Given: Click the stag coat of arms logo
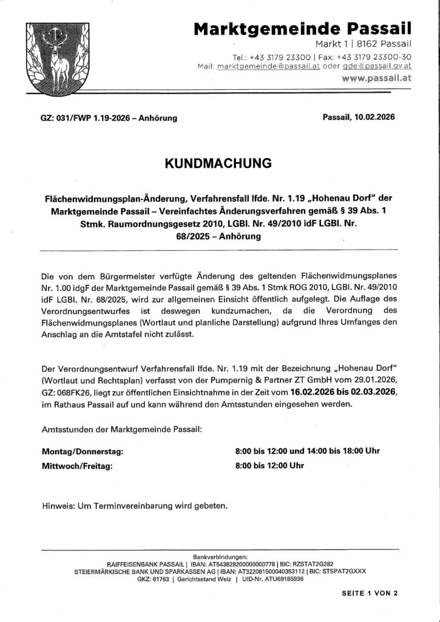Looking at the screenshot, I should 59,57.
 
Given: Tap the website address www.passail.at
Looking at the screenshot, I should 377,78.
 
